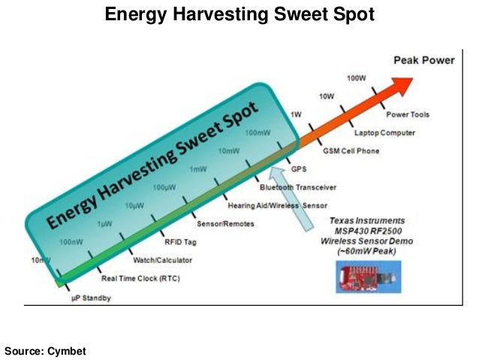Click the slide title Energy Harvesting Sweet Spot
tap(239, 15)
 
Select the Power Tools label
tap(408, 115)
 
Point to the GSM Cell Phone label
tap(351, 151)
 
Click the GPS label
tap(299, 169)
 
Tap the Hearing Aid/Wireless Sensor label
tap(273, 204)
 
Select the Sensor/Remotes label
tap(225, 224)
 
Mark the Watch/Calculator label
tap(162, 260)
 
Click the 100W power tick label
tap(357, 78)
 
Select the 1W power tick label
tap(297, 114)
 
